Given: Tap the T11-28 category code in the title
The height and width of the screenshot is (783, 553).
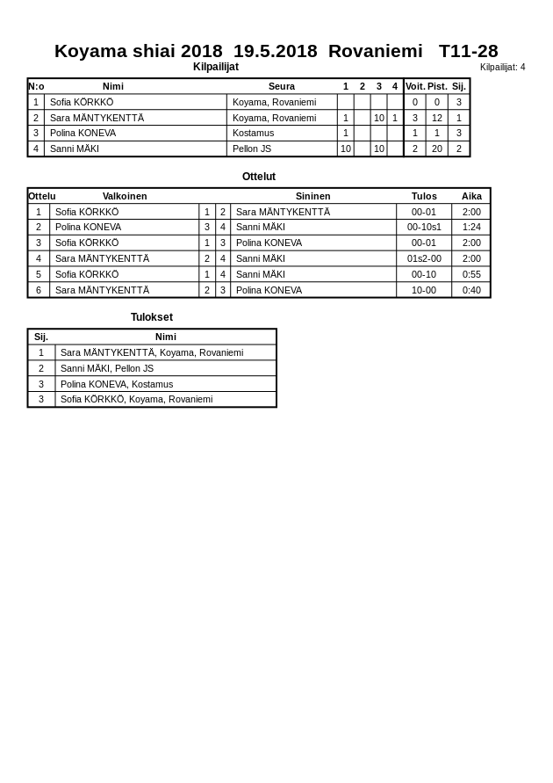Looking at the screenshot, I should (468, 51).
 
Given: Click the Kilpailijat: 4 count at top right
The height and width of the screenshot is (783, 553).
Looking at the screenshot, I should (502, 67).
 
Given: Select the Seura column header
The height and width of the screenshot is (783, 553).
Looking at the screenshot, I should (282, 86).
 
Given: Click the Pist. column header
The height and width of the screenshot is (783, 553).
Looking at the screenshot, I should (436, 86).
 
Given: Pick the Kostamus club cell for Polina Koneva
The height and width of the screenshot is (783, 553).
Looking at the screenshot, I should (253, 133).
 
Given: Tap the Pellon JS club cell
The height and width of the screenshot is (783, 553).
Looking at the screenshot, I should (251, 149).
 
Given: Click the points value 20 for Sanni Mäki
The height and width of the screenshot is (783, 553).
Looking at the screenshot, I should (436, 149).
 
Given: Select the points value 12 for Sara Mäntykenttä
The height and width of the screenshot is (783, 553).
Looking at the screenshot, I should (436, 118).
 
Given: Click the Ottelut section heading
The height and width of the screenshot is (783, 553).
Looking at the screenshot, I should (259, 177).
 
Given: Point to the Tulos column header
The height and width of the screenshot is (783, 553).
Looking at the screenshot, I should (424, 196).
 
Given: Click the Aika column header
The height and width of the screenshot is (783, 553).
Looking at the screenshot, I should (471, 196).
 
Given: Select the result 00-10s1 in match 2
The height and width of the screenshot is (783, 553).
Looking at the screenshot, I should (424, 227).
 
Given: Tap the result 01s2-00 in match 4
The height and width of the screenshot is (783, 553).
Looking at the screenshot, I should (424, 258).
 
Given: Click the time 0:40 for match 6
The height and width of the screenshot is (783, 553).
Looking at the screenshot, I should (471, 290).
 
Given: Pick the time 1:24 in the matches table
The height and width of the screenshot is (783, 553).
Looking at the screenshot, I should (471, 227).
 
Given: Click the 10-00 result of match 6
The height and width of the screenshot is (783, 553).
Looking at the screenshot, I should (424, 290).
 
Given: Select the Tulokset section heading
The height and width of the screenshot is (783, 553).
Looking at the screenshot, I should (152, 317).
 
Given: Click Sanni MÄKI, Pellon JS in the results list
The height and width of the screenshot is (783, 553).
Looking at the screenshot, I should (107, 368).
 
